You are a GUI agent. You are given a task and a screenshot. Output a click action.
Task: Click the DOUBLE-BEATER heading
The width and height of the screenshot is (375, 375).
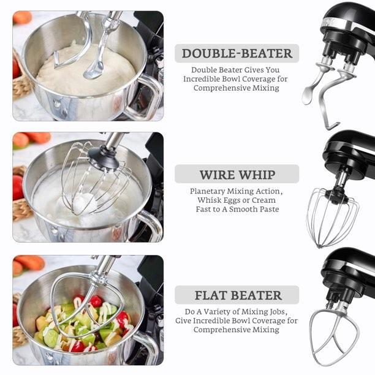[x=237, y=53]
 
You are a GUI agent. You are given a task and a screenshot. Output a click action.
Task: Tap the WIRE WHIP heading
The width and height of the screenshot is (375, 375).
[x=237, y=174]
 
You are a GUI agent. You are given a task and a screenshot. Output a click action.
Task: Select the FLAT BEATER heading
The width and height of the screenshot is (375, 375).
[x=237, y=295]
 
